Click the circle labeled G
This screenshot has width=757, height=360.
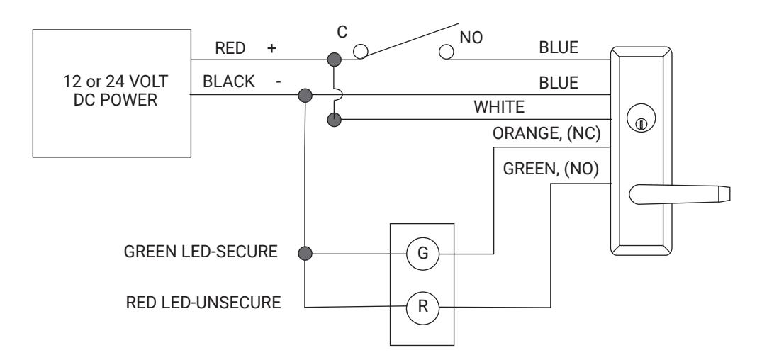click(422, 254)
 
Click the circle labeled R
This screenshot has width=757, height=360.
click(422, 307)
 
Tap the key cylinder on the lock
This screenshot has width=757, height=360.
click(641, 119)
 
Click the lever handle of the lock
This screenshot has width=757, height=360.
click(679, 194)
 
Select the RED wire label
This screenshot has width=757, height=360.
click(230, 48)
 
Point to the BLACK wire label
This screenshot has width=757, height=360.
click(228, 81)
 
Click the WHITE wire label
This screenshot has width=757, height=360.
click(499, 106)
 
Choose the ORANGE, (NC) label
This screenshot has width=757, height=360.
click(546, 134)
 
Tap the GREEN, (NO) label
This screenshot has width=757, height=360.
click(551, 169)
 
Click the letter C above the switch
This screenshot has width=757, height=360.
click(342, 33)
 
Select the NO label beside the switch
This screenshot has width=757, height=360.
click(471, 38)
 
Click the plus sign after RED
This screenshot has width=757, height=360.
click(271, 48)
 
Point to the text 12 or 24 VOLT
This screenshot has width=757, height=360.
click(116, 81)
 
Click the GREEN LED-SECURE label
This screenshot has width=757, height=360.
click(201, 252)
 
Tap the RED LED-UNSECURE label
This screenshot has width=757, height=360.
click(203, 303)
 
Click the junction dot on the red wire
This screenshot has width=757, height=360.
click(334, 60)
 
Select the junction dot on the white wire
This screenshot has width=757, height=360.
click(334, 120)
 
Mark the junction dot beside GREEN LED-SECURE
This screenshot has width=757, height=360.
click(305, 254)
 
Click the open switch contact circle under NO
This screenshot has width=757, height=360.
click(447, 52)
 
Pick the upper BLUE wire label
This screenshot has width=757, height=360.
click(559, 47)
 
